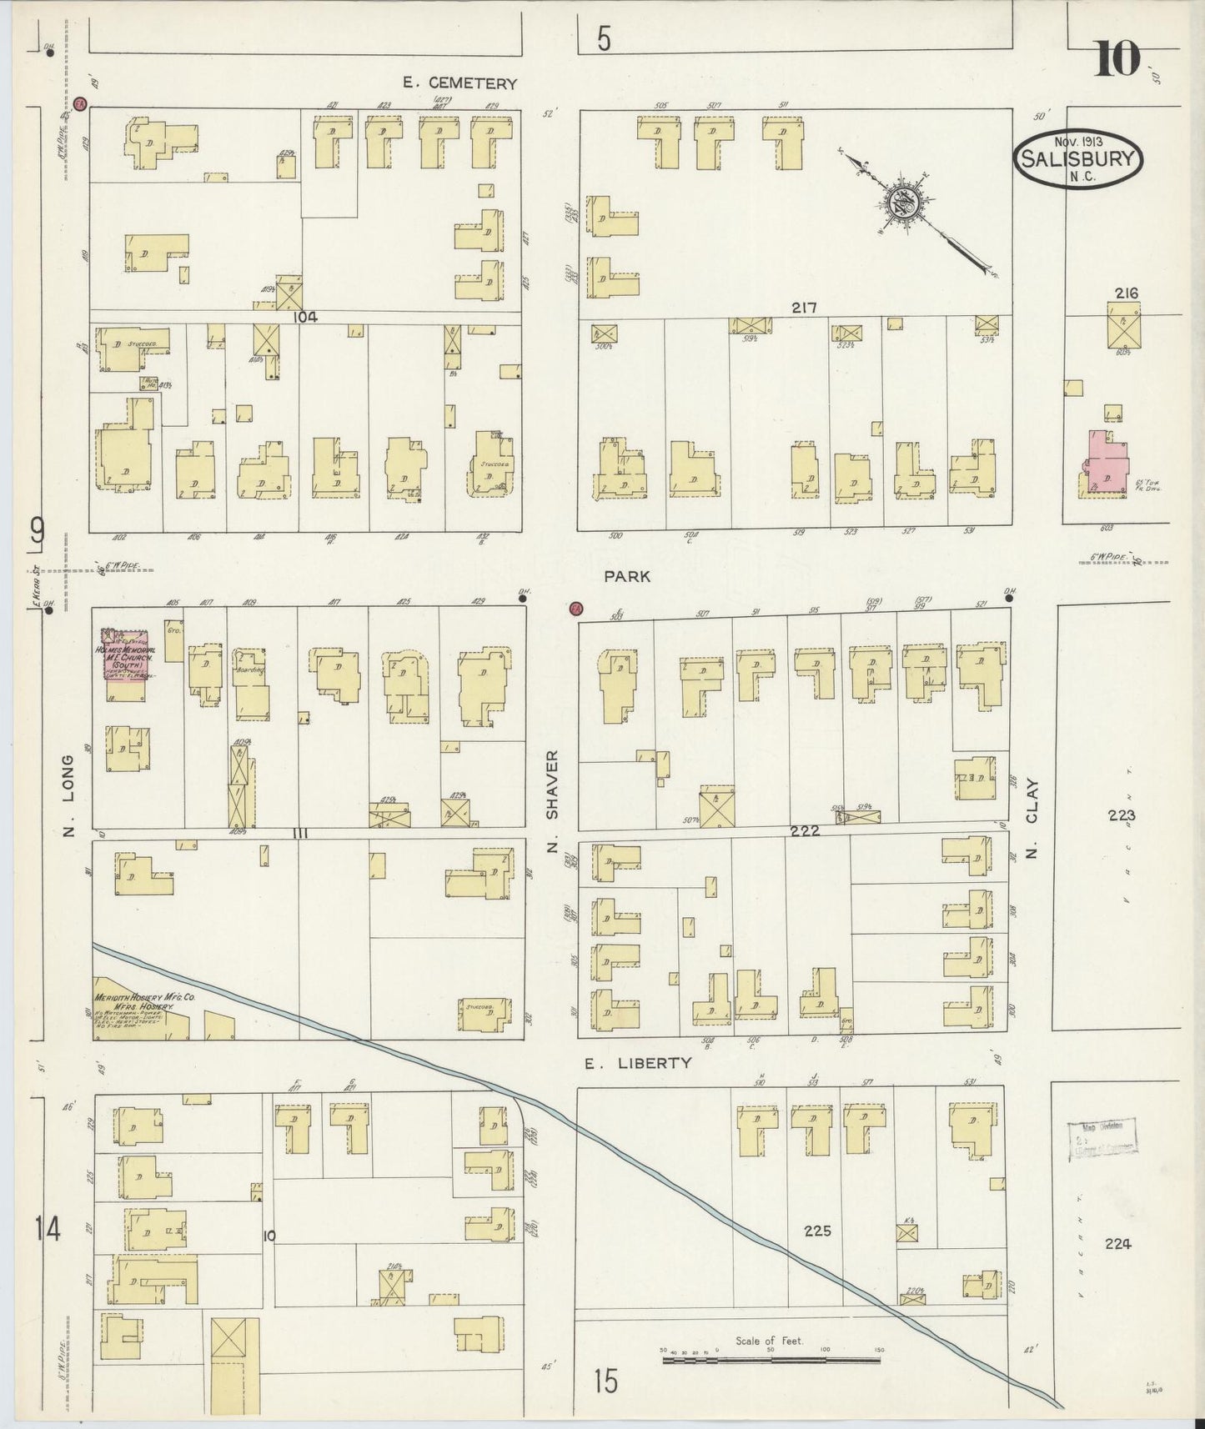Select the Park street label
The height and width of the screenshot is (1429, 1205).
tap(627, 576)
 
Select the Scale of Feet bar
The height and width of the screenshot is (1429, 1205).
tap(771, 1361)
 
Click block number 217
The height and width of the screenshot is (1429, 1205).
tap(804, 308)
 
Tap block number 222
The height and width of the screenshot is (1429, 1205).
tap(806, 831)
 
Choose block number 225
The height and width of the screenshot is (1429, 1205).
tap(817, 1231)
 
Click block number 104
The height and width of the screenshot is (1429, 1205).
tap(305, 318)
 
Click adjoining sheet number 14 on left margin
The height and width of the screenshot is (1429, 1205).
tap(48, 1229)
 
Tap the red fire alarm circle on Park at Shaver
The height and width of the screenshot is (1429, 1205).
tap(575, 609)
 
